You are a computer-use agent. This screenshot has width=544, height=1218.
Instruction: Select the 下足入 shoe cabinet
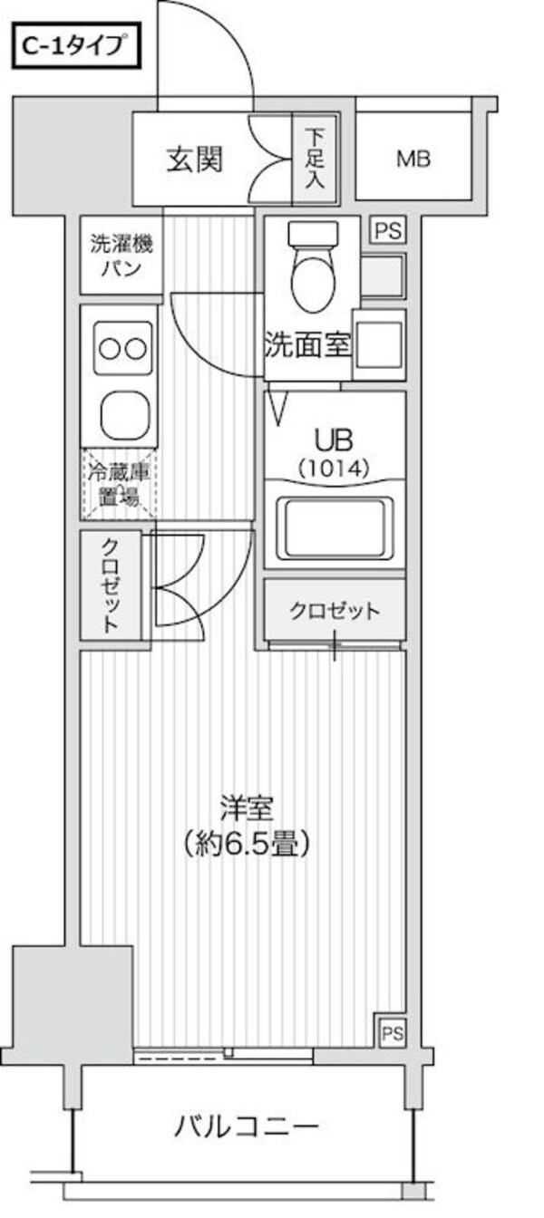tap(314, 159)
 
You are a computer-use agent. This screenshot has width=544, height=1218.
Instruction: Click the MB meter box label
tap(413, 159)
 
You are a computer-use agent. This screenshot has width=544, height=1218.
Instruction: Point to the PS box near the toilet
tap(387, 230)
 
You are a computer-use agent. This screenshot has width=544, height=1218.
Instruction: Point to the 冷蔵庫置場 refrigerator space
tap(119, 484)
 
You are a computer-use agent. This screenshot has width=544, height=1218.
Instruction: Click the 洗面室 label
tap(307, 345)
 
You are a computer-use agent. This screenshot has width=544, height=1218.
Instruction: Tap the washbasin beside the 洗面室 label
tap(379, 343)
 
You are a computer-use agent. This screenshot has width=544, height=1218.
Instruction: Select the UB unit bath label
tap(331, 440)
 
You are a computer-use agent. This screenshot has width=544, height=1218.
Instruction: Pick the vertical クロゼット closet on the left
tap(110, 585)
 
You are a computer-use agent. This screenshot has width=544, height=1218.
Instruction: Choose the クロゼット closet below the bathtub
tap(334, 610)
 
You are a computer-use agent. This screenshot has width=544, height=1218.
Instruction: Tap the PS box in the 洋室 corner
tap(391, 1032)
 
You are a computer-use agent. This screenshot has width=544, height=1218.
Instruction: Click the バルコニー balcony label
tap(246, 1128)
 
